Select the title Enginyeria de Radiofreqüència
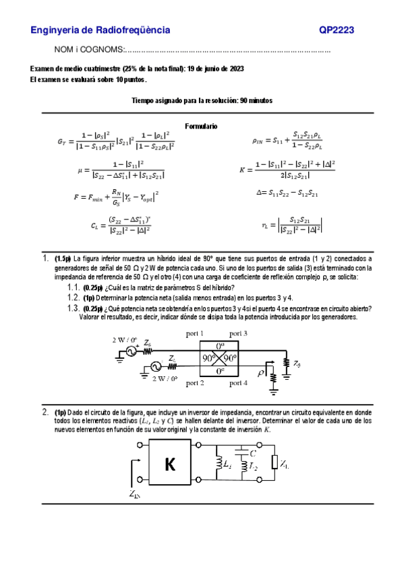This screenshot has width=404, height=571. [x=100, y=30]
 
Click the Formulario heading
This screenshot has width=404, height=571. [x=202, y=126]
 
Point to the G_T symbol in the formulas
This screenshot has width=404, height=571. [x=63, y=142]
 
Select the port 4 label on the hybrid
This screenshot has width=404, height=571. [x=239, y=383]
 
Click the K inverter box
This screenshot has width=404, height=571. [x=169, y=464]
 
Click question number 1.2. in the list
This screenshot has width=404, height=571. [x=74, y=297]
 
